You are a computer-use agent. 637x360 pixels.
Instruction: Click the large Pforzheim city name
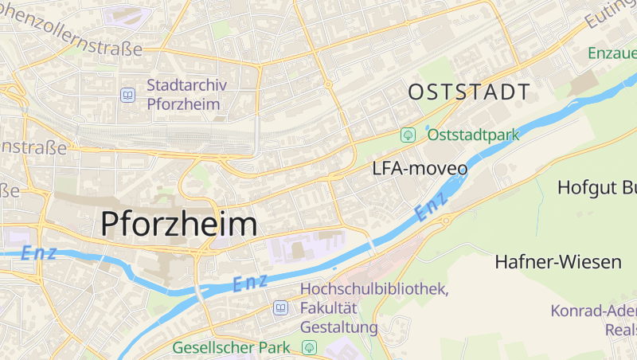click(x=179, y=224)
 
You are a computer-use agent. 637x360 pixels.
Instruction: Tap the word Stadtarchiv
click(x=187, y=84)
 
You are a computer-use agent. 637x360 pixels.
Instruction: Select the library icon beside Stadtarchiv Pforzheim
click(x=127, y=95)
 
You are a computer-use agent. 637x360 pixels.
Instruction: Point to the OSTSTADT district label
click(x=468, y=92)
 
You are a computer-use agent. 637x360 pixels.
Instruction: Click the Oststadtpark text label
click(x=473, y=135)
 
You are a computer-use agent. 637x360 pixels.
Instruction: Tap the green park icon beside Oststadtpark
click(x=408, y=135)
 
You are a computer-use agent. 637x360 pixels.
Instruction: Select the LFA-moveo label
click(x=420, y=169)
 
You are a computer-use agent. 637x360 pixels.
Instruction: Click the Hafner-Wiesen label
click(x=557, y=261)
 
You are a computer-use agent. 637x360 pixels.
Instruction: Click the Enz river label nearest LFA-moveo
click(x=432, y=209)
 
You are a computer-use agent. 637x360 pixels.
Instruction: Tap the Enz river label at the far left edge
click(x=39, y=254)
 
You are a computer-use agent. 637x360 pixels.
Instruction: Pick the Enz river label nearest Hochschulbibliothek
click(x=249, y=282)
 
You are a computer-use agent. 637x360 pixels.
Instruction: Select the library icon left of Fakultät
click(x=280, y=307)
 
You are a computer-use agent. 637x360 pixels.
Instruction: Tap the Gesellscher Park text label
click(x=232, y=348)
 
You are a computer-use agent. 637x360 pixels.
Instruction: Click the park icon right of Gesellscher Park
click(x=309, y=348)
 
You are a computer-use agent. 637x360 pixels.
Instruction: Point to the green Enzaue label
click(x=612, y=53)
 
